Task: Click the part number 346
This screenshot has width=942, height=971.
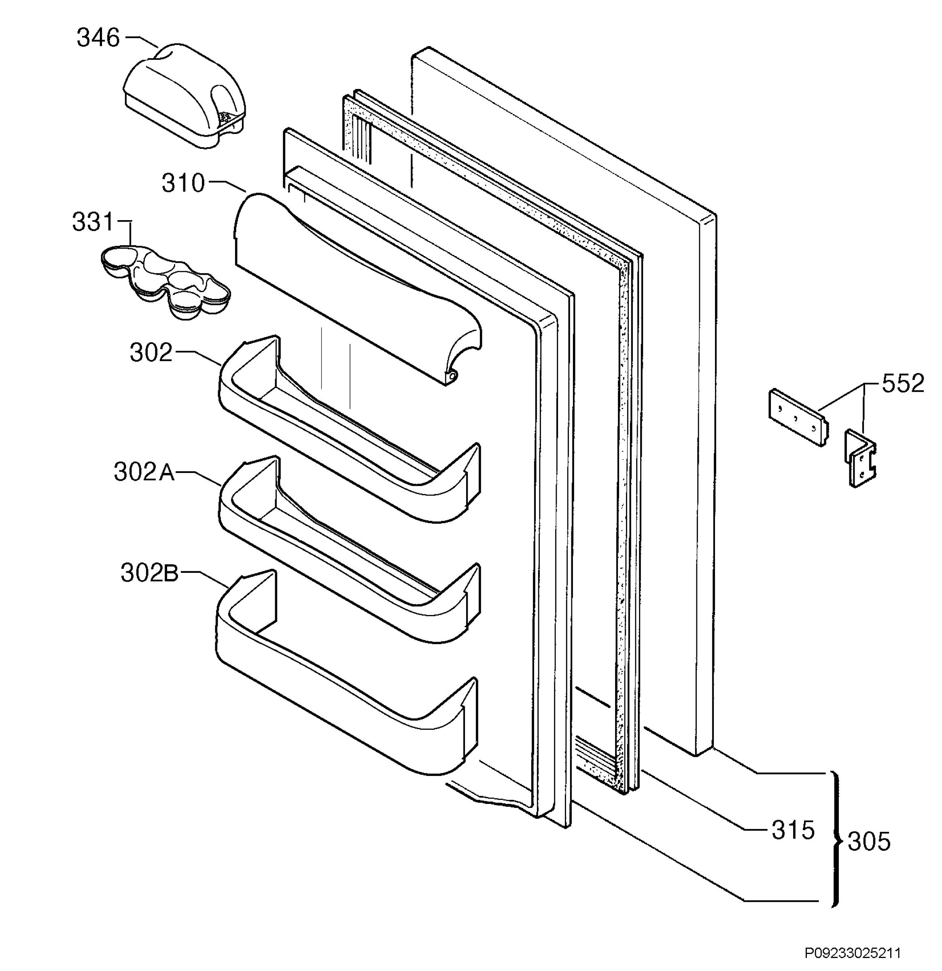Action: tap(98, 38)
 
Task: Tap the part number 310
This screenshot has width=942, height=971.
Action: tap(183, 183)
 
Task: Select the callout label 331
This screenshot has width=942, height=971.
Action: tap(93, 222)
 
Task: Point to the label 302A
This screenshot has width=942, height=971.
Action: tap(144, 472)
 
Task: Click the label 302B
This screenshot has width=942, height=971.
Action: tap(150, 573)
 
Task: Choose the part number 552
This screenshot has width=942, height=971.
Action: tap(903, 384)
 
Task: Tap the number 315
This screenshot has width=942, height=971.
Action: tap(793, 830)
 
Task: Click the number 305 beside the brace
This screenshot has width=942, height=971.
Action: tap(869, 841)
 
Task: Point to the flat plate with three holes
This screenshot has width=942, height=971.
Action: tap(797, 417)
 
